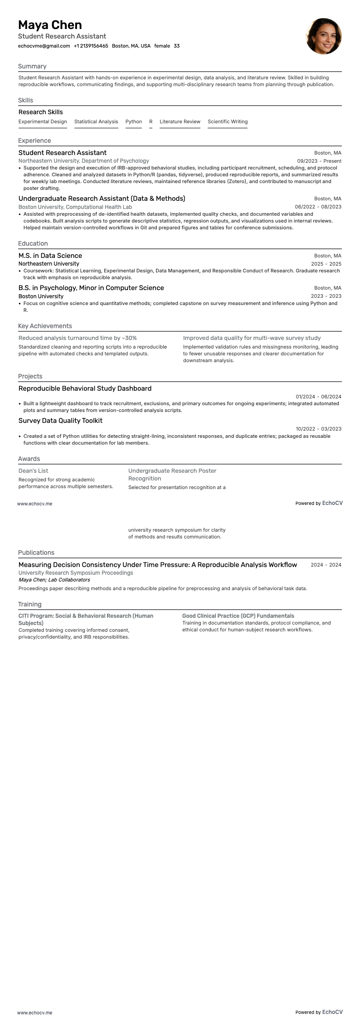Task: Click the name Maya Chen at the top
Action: click(50, 25)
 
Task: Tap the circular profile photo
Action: click(323, 36)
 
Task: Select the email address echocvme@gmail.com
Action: click(44, 46)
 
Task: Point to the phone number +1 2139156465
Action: click(91, 46)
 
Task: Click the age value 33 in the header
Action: click(176, 46)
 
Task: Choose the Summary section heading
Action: click(32, 66)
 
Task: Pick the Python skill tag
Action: click(133, 121)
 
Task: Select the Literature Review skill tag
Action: click(180, 121)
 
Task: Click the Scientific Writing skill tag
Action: click(227, 121)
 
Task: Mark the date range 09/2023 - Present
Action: click(319, 161)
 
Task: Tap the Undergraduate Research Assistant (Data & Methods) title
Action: click(102, 199)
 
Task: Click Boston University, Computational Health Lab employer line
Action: click(75, 207)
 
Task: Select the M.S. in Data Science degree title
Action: click(50, 256)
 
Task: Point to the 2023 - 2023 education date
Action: click(326, 296)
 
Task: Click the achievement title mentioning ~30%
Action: click(78, 338)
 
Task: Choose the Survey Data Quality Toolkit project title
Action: click(60, 421)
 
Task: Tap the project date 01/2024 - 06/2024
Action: click(318, 397)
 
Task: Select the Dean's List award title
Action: click(33, 471)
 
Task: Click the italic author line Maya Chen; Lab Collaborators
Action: click(54, 580)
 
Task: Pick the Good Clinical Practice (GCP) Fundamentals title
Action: click(238, 616)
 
